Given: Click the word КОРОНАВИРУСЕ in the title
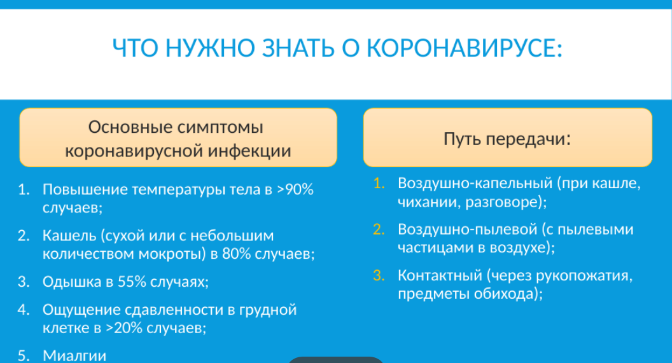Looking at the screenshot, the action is [x=464, y=48].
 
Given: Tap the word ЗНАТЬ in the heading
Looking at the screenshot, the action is [x=298, y=48].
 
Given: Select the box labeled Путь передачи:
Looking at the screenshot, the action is [x=507, y=137].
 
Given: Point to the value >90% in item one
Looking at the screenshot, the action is [x=295, y=189].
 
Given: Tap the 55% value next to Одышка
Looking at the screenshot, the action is [x=132, y=282].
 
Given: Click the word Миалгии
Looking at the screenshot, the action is [x=74, y=356].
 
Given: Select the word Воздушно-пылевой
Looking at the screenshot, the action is [x=468, y=229].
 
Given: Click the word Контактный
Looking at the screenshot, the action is [x=440, y=275].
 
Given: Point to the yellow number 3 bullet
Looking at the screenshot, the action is [x=379, y=275].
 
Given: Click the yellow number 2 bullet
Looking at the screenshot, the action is [x=379, y=229].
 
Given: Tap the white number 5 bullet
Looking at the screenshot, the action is [x=24, y=356].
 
